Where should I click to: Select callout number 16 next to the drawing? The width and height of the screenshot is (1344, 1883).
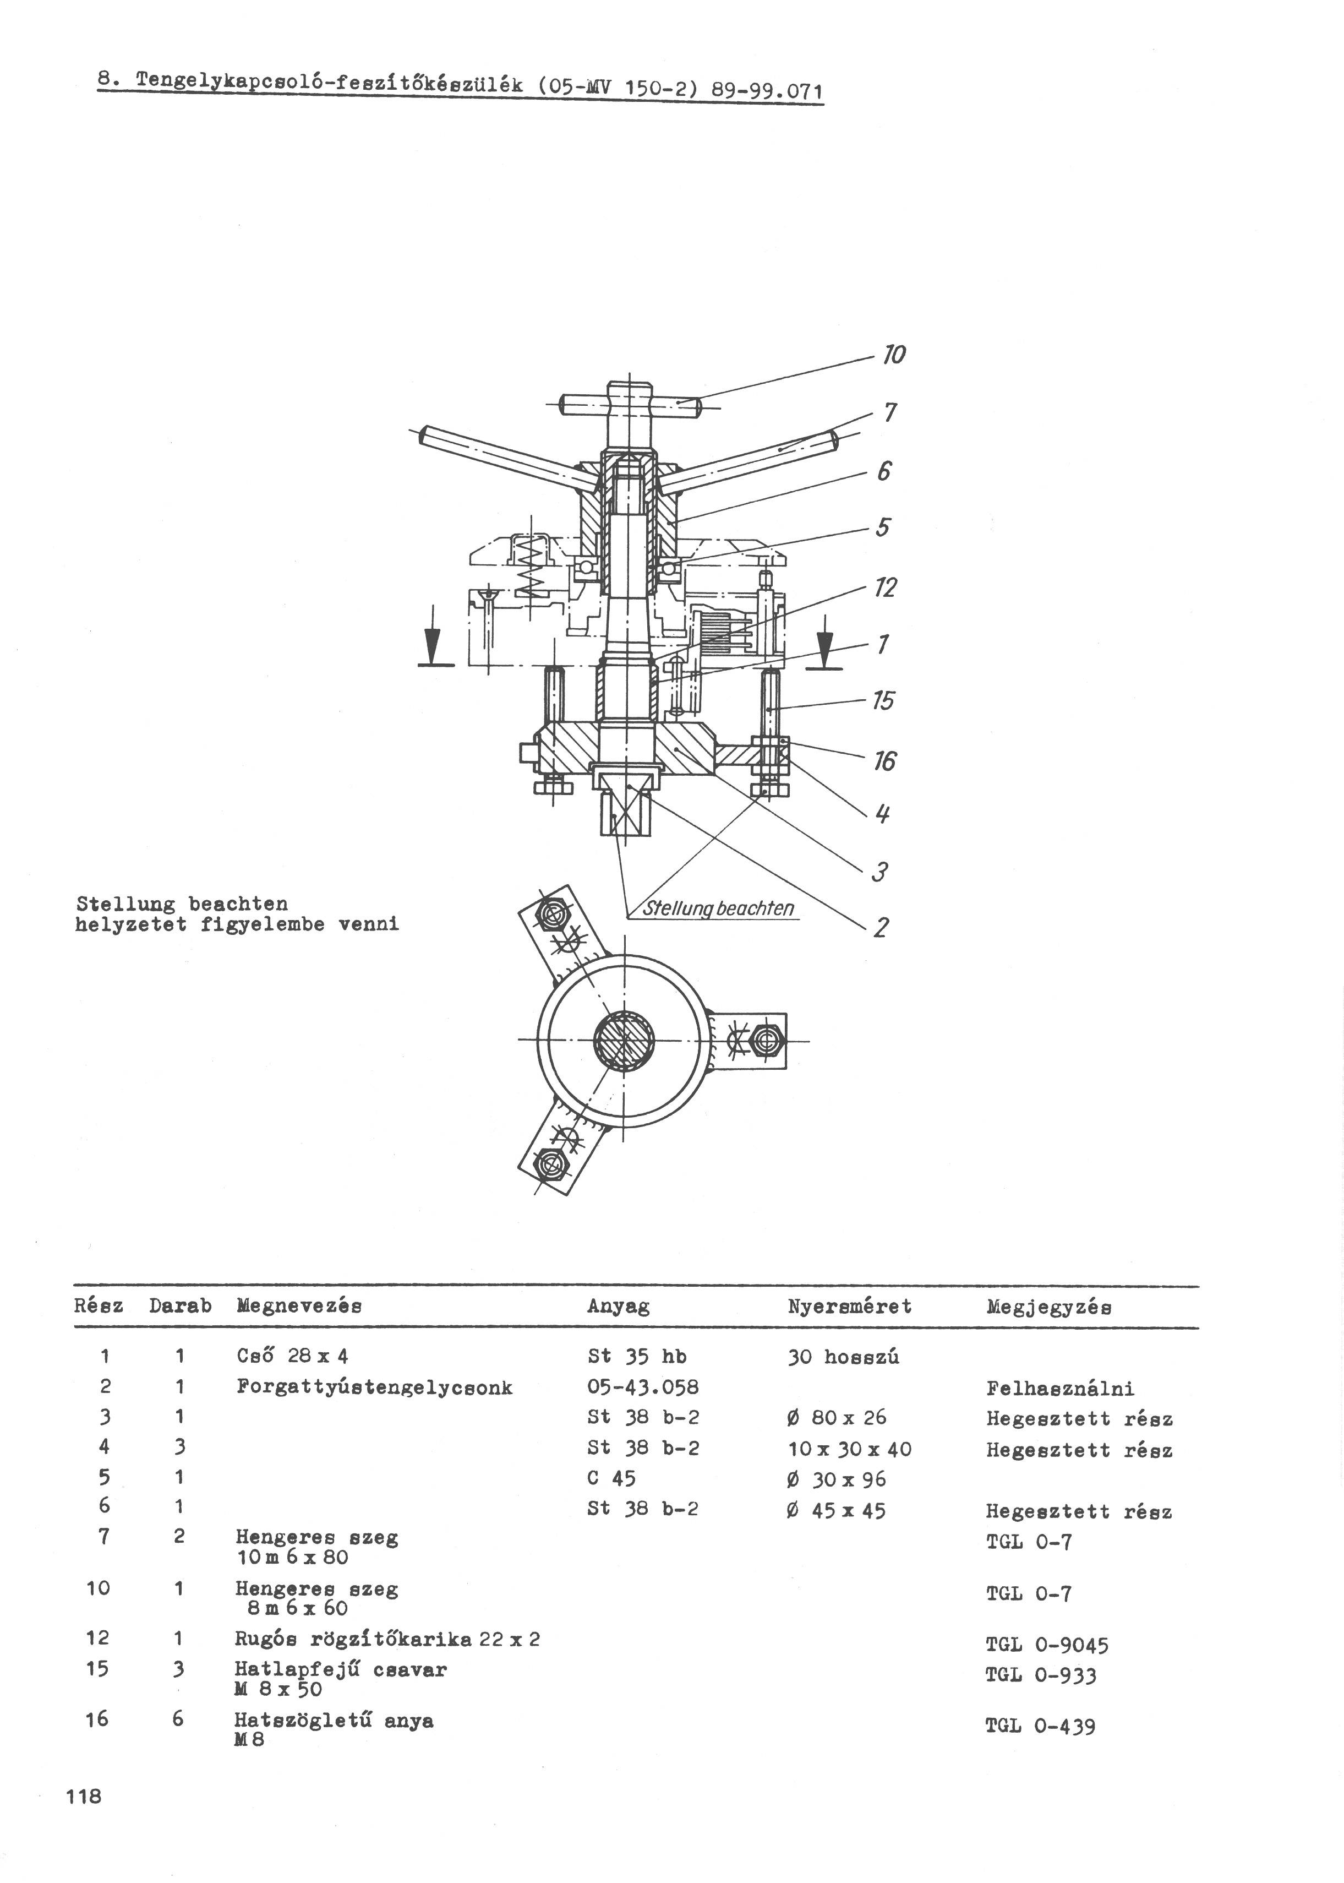(884, 761)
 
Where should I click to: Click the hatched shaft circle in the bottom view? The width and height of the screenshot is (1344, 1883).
(624, 1041)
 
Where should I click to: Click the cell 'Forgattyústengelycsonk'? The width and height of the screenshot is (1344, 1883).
(374, 1387)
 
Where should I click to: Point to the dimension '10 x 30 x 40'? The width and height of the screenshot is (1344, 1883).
(849, 1449)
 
